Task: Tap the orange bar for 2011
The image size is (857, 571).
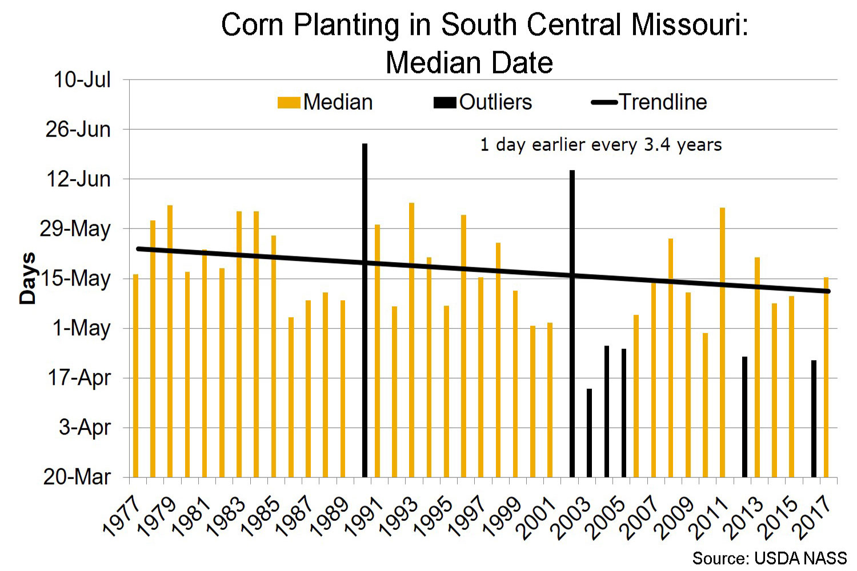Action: point(722,342)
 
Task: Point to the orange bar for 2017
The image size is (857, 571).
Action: point(826,377)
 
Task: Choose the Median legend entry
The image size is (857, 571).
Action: point(325,102)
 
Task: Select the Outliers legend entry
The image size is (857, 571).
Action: point(483,102)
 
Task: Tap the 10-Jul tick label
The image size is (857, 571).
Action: point(82,80)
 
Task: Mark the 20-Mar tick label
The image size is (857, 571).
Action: point(77,477)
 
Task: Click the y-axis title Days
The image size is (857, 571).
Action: point(27,278)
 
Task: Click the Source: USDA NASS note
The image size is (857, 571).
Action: point(769,558)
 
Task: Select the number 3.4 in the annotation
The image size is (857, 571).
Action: point(657,145)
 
